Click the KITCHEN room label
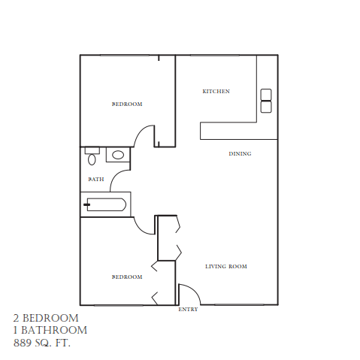(216, 92)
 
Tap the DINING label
(240, 154)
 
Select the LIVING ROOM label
(226, 267)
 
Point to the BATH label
(95, 180)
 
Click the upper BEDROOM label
(127, 104)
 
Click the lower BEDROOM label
(127, 277)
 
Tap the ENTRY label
(188, 310)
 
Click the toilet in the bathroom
(92, 157)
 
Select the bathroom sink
(117, 156)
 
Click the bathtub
(105, 204)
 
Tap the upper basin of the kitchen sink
(266, 95)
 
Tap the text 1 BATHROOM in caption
(50, 330)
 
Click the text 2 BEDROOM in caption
(46, 318)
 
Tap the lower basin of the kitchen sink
(266, 107)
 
